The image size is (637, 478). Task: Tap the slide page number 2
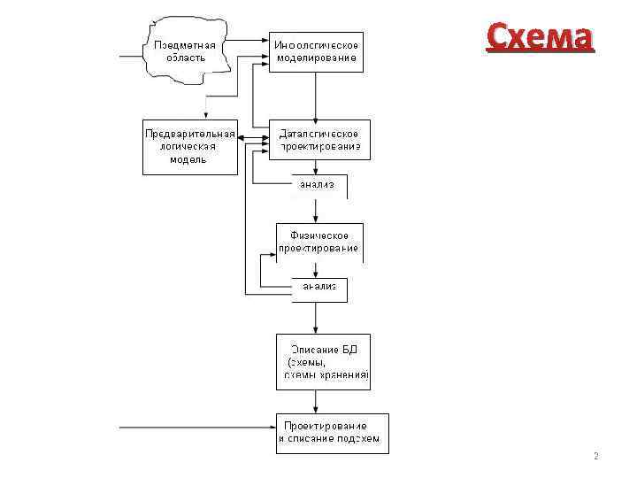[x=595, y=457]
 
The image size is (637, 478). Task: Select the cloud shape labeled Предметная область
[x=185, y=50]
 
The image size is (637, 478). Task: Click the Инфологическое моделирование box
[x=318, y=51]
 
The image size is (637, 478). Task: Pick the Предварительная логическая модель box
[x=189, y=147]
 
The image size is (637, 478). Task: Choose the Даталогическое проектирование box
[x=318, y=140]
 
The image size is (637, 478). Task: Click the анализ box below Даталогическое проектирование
[x=318, y=186]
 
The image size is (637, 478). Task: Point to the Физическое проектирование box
[x=319, y=242]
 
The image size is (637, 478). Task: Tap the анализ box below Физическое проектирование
[x=318, y=288]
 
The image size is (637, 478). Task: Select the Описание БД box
[x=322, y=362]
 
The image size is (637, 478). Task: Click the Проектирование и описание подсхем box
[x=332, y=432]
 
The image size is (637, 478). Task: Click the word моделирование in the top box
[x=318, y=58]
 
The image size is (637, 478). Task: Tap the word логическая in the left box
[x=188, y=147]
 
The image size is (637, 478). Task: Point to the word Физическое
[x=319, y=235]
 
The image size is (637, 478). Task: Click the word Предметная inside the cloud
[x=185, y=44]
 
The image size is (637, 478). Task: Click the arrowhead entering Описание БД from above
[x=318, y=328]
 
